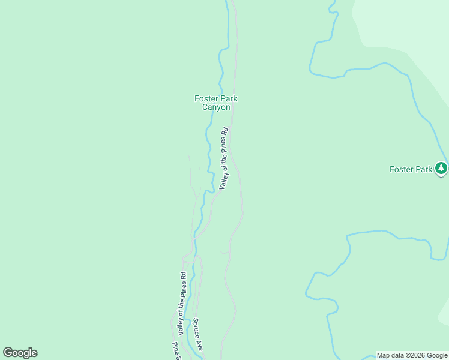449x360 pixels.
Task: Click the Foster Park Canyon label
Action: click(x=212, y=103)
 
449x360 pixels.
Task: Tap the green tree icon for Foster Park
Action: click(x=442, y=168)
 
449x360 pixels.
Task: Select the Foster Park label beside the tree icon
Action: click(x=411, y=169)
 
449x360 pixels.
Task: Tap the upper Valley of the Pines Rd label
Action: click(x=223, y=158)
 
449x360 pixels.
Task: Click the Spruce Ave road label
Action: click(x=197, y=335)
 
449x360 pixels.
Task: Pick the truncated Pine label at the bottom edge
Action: click(x=176, y=351)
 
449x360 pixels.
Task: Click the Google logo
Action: click(x=20, y=353)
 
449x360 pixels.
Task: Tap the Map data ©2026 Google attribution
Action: click(x=412, y=355)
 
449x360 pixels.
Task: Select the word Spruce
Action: click(x=196, y=328)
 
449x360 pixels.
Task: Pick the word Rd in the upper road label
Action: click(x=226, y=130)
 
